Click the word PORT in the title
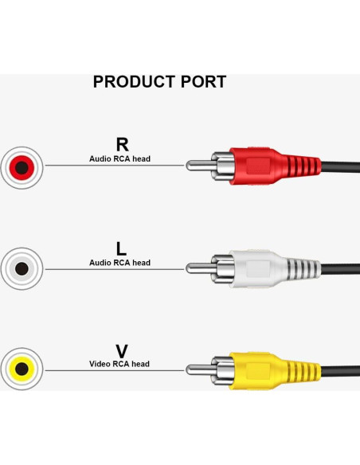(x=202, y=82)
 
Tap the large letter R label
(x=122, y=144)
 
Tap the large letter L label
(x=122, y=248)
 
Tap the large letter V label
(x=122, y=351)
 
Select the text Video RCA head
(x=119, y=364)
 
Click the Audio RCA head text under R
(x=119, y=158)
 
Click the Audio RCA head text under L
(x=119, y=262)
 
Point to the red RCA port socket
(x=22, y=167)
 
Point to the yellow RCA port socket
(x=22, y=369)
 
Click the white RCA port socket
(x=22, y=268)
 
